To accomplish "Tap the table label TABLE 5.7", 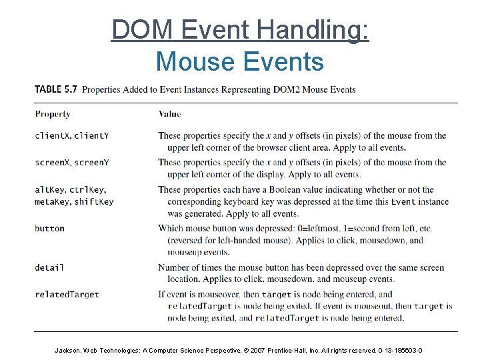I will click(x=55, y=89).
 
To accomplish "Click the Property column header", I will click(x=53, y=114).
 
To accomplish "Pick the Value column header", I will click(x=169, y=114).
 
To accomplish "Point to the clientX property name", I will click(x=52, y=136).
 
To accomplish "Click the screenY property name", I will click(x=92, y=163).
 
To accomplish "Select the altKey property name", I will click(x=49, y=190).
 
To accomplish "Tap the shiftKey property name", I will click(x=94, y=202).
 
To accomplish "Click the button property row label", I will click(x=49, y=229).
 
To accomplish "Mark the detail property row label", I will click(x=49, y=268).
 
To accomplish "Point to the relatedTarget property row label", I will click(x=67, y=295).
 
